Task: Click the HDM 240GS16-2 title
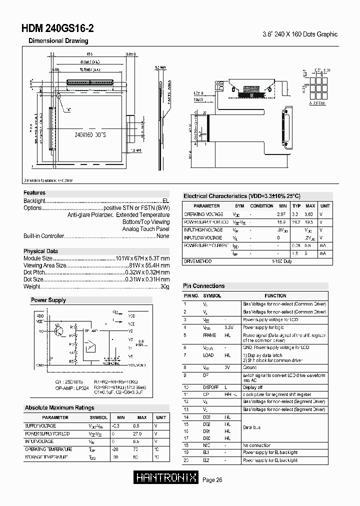[x=57, y=29]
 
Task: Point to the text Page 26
[x=212, y=480]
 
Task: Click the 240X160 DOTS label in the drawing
[x=90, y=135]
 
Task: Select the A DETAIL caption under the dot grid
[x=317, y=103]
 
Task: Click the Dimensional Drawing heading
[x=58, y=41]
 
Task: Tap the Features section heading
[x=34, y=192]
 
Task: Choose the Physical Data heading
[x=40, y=251]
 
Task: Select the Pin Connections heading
[x=203, y=286]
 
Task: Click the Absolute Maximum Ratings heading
[x=59, y=408]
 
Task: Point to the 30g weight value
[x=165, y=286]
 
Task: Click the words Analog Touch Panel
[x=146, y=229]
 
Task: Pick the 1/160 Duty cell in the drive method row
[x=281, y=261]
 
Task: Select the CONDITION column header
[x=261, y=206]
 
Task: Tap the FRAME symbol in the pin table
[x=209, y=335]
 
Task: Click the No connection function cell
[x=256, y=445]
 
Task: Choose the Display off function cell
[x=252, y=387]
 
